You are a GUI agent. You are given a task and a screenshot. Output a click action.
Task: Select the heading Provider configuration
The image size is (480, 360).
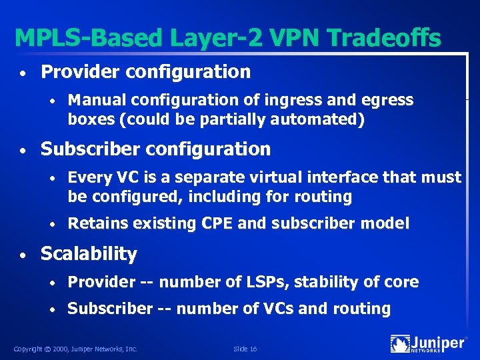pos(145,71)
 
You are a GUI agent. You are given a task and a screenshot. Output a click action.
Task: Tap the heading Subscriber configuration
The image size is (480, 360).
pos(155,149)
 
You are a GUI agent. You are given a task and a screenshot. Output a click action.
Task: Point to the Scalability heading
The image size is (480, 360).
pos(89,254)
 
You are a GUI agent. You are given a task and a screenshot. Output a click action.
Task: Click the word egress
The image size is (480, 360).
pos(388,100)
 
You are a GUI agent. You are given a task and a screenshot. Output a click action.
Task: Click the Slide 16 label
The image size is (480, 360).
pos(245,349)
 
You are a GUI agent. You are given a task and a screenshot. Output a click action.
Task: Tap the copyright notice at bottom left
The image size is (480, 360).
pos(75,349)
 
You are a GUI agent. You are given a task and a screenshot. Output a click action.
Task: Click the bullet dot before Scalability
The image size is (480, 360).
pos(23,255)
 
